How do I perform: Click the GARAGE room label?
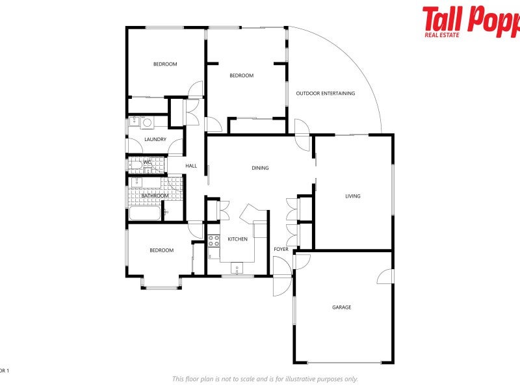342,307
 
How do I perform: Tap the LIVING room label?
352,196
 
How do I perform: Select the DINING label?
260,168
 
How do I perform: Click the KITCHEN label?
237,239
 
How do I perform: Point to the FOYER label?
281,249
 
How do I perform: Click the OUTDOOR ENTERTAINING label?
326,94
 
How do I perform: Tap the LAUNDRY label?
155,139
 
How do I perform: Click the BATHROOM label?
155,196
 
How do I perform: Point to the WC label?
147,162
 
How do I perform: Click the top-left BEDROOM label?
165,64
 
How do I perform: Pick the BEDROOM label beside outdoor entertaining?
241,75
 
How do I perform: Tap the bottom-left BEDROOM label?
161,250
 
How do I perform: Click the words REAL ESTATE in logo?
443,34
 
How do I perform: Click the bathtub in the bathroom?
145,213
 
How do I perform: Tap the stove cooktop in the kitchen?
213,240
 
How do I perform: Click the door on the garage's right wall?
386,276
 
